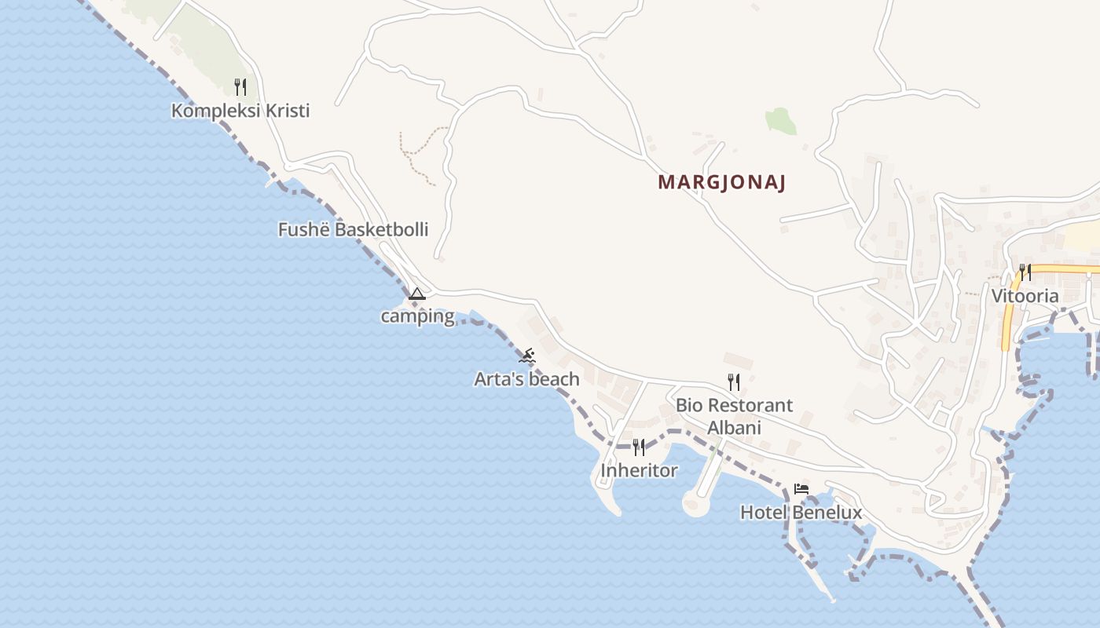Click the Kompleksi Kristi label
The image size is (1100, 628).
pyautogui.click(x=240, y=111)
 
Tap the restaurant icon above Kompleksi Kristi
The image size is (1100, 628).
pyautogui.click(x=240, y=86)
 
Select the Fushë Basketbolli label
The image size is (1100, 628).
pyautogui.click(x=353, y=229)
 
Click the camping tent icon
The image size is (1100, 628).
pyautogui.click(x=417, y=294)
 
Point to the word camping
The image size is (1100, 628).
pyautogui.click(x=417, y=316)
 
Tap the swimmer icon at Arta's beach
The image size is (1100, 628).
pyautogui.click(x=527, y=356)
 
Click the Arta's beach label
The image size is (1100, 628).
pyautogui.click(x=526, y=379)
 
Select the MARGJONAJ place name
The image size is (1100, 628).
pyautogui.click(x=722, y=183)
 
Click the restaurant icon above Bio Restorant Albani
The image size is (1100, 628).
pyautogui.click(x=734, y=382)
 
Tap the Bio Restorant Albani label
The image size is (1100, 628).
pyautogui.click(x=734, y=416)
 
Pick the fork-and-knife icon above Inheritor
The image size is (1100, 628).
pyautogui.click(x=639, y=447)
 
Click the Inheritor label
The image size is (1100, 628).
pyautogui.click(x=639, y=470)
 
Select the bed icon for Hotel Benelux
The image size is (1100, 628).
pyautogui.click(x=801, y=489)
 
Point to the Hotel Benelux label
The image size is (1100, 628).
pyautogui.click(x=801, y=513)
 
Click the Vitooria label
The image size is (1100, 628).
pyautogui.click(x=1025, y=296)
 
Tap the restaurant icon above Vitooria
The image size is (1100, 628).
pyautogui.click(x=1025, y=272)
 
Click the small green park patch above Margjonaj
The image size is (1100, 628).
pyautogui.click(x=780, y=121)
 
